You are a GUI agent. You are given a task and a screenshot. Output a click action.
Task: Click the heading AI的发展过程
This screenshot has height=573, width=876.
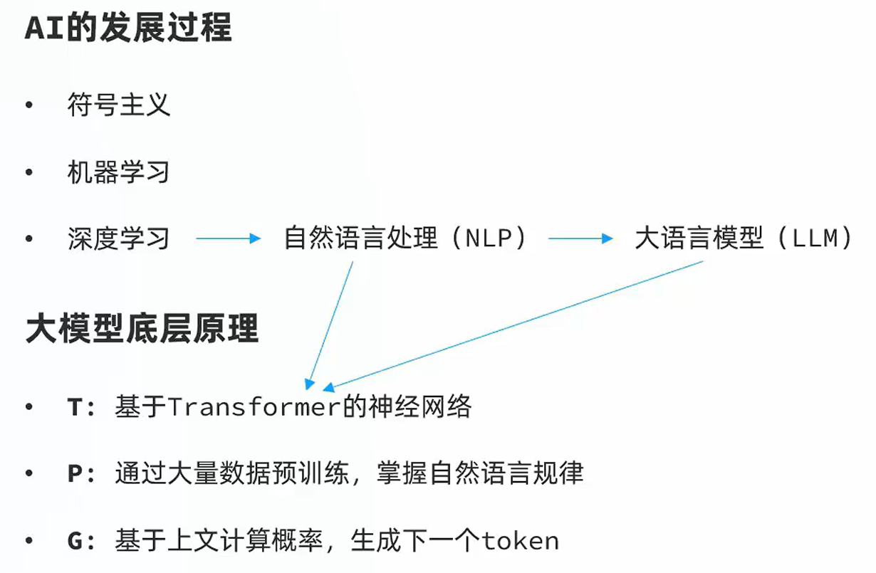click(128, 28)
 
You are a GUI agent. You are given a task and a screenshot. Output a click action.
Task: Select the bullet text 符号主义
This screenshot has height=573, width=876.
click(119, 105)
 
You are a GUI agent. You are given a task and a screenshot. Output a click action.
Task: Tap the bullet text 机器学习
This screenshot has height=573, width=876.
click(119, 172)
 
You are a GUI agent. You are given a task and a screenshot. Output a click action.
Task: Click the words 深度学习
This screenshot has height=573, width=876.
click(119, 238)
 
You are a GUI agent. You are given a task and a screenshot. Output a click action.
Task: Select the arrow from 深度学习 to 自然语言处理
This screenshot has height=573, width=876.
click(228, 238)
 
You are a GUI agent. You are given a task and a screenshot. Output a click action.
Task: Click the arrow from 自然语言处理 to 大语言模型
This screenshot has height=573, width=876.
click(580, 238)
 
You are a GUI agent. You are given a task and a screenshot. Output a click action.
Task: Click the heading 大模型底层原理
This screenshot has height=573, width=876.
click(142, 329)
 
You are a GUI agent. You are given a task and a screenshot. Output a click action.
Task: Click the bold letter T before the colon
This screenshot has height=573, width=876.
click(75, 408)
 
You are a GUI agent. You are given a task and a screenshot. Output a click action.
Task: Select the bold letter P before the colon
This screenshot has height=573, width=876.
click(75, 474)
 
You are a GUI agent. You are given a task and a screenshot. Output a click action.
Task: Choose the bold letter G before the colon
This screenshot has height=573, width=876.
click(75, 541)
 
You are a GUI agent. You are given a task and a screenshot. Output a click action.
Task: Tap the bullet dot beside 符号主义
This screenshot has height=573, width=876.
click(28, 105)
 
